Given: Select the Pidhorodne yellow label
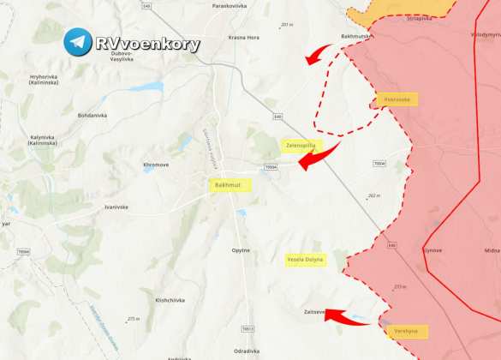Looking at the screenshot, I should coord(397,99).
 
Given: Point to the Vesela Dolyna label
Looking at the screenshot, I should coord(306,260).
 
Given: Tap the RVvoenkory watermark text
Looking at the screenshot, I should coord(147,45).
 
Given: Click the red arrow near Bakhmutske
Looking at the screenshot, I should coord(319,55).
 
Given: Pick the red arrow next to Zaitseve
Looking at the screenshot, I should coord(346,316).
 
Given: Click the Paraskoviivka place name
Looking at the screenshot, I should coord(230,6).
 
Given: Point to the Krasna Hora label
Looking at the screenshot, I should coord(243,38).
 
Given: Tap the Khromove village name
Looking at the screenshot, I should coord(156,164).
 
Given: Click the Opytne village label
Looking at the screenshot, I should coord(241,249).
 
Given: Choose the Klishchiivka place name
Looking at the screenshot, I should coord(171,301).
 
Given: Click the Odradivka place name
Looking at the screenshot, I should coord(247,350).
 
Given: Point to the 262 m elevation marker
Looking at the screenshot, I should coord(373,196).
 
